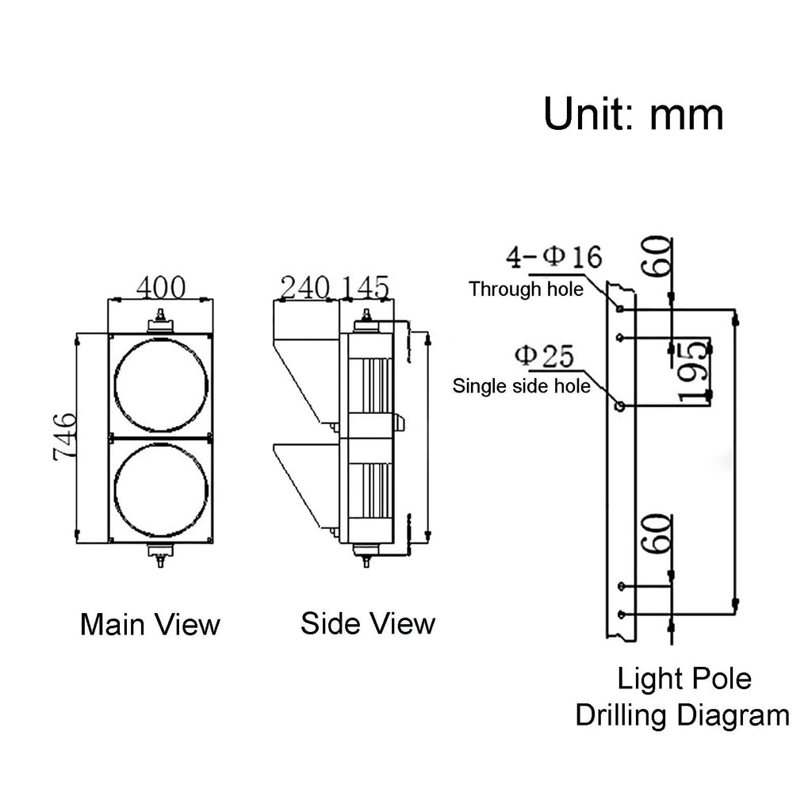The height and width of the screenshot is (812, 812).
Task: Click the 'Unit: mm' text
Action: point(633,114)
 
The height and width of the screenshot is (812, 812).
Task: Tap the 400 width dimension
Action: point(160,287)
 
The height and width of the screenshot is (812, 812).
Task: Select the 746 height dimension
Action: point(65,436)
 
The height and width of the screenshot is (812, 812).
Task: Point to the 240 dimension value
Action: point(305,287)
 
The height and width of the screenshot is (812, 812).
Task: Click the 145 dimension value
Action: point(365,287)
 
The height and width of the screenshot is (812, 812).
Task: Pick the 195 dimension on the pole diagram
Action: point(693,371)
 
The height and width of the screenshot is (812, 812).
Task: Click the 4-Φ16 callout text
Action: point(553,257)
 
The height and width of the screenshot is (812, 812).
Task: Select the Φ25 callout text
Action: point(544,356)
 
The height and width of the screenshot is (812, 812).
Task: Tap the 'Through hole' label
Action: point(526,289)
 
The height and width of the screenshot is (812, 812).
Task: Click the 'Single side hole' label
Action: point(521,386)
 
